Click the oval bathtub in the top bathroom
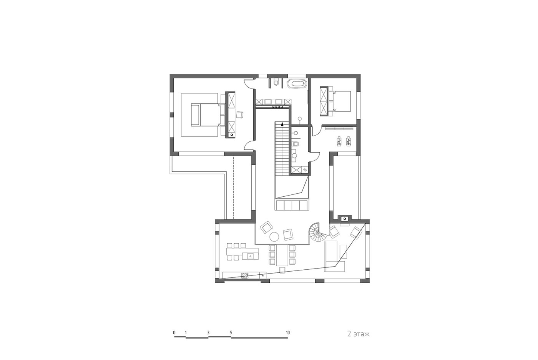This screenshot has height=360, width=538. coord(297,84)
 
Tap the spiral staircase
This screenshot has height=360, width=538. coord(317,232)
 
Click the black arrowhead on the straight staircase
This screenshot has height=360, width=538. coord(282,124)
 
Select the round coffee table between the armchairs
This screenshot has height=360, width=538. coord(274,237)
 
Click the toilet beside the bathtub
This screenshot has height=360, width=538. coord(276,82)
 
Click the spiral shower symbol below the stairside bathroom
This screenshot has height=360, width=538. coord(304,169)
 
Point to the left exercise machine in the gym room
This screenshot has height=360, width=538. coord(339,141)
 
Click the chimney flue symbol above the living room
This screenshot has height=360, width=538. coord(344,219)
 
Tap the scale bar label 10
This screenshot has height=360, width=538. coord(288,333)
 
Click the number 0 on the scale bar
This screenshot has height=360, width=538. coord(174,333)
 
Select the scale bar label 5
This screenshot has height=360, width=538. coord(231,333)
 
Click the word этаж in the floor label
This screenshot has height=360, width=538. coord(362,334)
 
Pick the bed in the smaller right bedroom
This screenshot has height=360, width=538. coord(340,101)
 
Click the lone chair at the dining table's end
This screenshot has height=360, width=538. coord(282,270)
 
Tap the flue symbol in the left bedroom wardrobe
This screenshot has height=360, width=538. coord(64,135)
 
